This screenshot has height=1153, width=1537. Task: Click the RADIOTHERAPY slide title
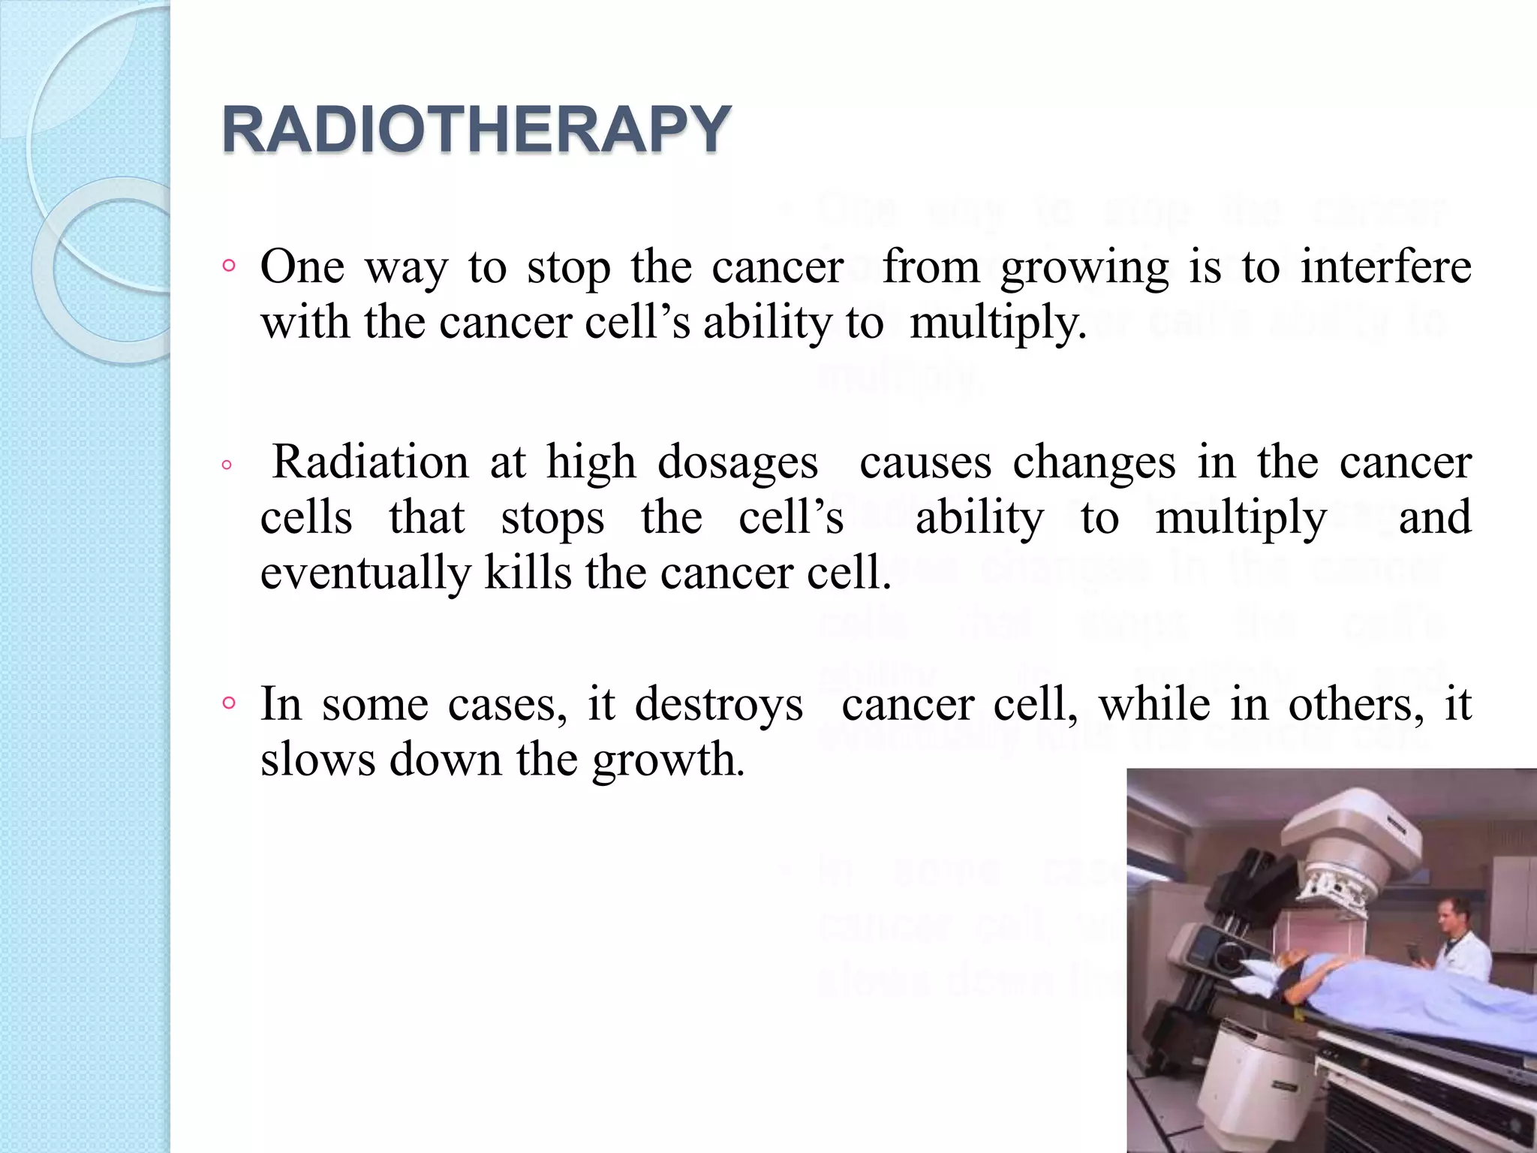476,129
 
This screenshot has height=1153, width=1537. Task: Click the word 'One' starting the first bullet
302,266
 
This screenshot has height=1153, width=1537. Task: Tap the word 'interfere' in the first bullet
1385,266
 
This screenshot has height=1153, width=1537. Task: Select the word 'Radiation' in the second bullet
370,461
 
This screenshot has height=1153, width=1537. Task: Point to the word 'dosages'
737,462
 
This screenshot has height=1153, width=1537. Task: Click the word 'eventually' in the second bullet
365,573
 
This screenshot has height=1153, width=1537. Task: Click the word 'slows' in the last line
317,760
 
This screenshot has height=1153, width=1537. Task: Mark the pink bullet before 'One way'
229,266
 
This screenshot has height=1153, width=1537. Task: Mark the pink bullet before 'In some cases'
229,703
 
